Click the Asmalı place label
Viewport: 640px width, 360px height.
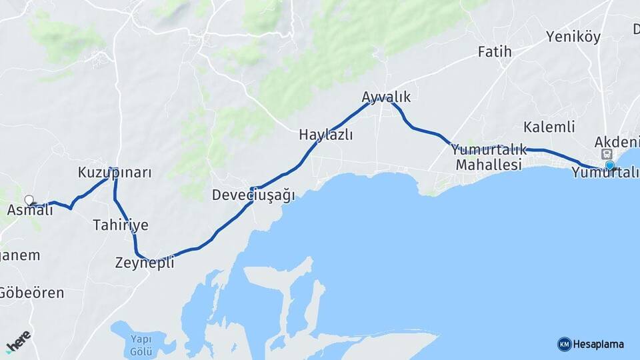30,211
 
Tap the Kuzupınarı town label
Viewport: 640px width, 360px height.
115,173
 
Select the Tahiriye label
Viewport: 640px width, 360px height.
121,225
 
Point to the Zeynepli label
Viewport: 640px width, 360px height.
145,263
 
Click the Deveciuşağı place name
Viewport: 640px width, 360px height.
253,195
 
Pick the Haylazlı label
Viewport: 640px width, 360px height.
325,135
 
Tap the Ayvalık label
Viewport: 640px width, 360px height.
386,97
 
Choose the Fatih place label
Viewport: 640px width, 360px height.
495,51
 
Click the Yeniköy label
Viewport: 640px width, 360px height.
573,37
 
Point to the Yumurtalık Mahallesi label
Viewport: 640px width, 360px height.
489,157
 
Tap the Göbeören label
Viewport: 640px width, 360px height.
31,293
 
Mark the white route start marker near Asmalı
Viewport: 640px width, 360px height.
29,199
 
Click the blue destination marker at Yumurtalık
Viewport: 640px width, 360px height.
609,166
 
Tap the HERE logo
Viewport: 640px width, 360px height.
18,341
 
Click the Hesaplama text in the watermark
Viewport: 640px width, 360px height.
599,345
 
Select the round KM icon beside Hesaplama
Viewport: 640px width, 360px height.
565,345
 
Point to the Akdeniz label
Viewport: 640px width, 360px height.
617,142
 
